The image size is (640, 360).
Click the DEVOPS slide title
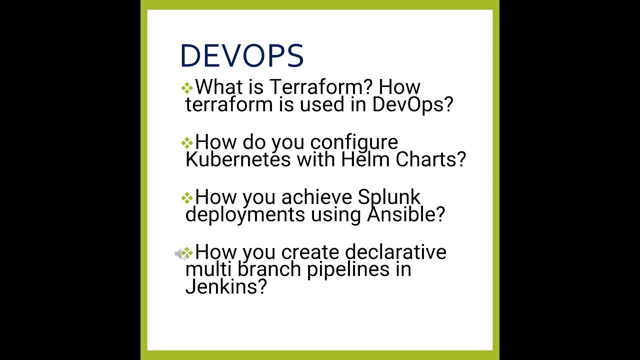tap(241, 55)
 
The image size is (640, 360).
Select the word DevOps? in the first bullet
tap(412, 105)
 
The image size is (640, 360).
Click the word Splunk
tap(389, 197)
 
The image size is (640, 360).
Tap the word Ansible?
tap(406, 215)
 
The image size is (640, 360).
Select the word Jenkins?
tap(225, 287)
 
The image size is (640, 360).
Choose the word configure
tap(354, 142)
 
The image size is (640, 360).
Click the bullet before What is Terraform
tap(187, 88)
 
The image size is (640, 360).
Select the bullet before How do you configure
tap(187, 143)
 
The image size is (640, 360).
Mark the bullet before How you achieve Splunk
tap(187, 198)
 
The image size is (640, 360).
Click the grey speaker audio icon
tap(179, 254)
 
